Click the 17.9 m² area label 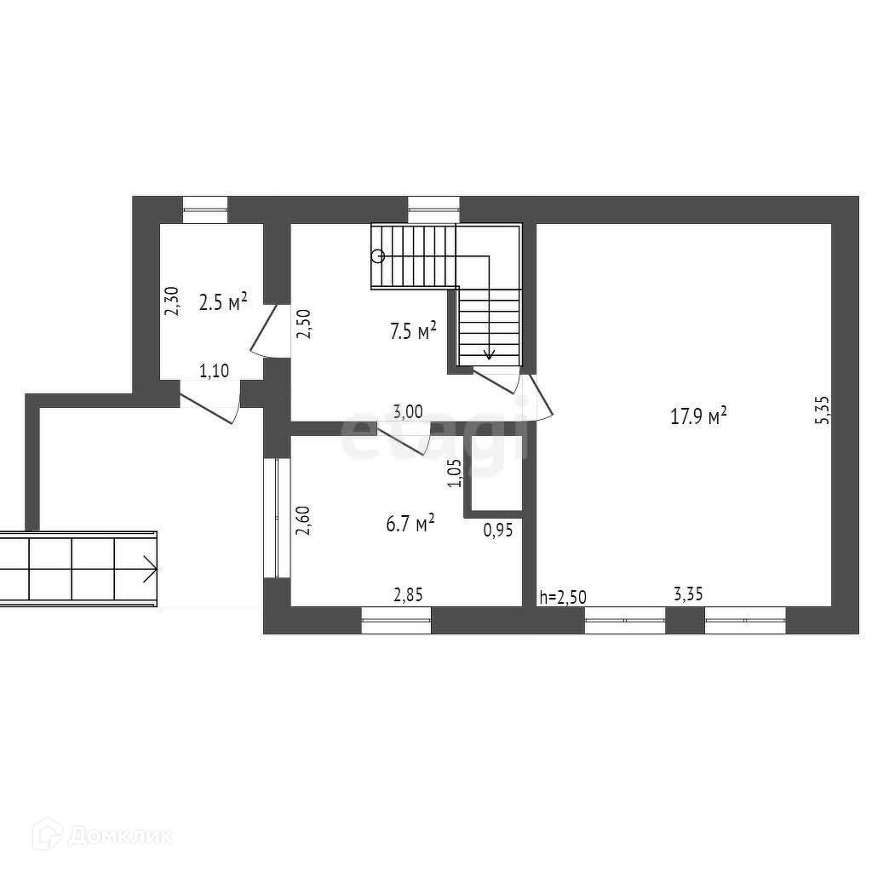click(698, 416)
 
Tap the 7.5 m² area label click(413, 331)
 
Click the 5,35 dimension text click(822, 409)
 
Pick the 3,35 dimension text click(688, 594)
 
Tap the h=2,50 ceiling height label click(562, 596)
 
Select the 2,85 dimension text click(408, 594)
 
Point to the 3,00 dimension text click(408, 411)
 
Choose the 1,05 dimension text click(454, 473)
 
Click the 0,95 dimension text click(497, 530)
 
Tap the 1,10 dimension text click(214, 370)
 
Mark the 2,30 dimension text click(171, 301)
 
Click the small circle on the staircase click(378, 255)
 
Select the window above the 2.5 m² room click(205, 204)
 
